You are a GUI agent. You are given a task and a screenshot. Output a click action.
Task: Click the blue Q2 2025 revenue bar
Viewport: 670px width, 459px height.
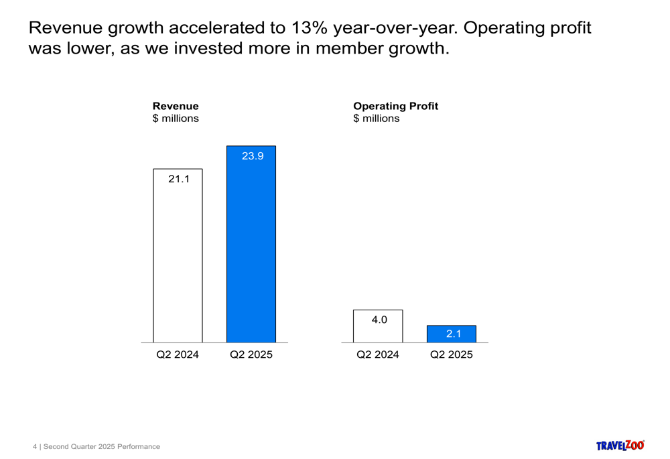pos(251,244)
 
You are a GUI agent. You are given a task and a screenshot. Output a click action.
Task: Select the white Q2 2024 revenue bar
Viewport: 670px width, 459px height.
pos(178,255)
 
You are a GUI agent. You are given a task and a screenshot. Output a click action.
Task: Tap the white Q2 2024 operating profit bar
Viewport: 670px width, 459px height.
pos(378,326)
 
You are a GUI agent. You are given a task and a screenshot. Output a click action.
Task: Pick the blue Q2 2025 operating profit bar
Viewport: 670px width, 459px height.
pos(451,334)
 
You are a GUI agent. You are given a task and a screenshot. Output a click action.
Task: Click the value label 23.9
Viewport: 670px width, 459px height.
pos(253,156)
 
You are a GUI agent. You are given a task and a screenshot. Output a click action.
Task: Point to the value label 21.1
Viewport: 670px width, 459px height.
pos(179,179)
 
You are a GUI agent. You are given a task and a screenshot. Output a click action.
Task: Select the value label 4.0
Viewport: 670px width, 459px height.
pos(379,320)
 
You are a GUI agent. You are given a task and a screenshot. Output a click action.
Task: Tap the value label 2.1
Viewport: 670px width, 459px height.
pos(454,334)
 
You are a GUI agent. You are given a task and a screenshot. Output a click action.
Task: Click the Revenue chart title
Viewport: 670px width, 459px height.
pos(176,106)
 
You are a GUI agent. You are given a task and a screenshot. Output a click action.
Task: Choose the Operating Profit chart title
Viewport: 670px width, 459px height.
pos(396,106)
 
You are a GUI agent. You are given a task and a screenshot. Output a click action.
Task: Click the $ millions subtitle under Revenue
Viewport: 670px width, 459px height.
pos(176,119)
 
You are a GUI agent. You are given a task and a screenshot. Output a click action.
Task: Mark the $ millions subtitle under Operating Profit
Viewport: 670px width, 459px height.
pos(377,119)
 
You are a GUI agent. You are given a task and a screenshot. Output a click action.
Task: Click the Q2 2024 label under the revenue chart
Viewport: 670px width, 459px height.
pos(178,354)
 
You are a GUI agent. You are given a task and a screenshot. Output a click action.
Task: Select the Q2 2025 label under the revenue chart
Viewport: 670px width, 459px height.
pos(251,354)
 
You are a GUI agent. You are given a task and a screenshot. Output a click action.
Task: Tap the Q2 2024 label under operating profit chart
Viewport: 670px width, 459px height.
pos(378,354)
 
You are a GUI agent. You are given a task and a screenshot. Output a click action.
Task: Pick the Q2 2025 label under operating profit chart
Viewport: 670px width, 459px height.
pos(451,354)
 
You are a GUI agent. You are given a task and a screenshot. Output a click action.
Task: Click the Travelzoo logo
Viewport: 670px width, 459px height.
pos(620,446)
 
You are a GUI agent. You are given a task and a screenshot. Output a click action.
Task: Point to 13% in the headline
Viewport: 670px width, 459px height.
pos(310,27)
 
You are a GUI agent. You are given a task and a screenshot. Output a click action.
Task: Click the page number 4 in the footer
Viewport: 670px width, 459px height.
pos(35,447)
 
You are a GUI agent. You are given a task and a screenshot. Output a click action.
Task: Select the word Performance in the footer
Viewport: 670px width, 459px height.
pos(139,447)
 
